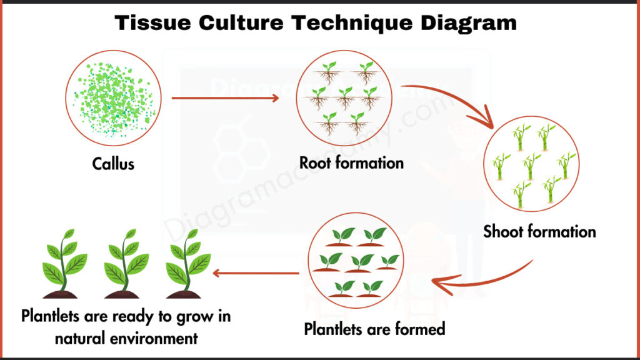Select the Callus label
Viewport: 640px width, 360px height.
114,164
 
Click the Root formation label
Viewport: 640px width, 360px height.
351,164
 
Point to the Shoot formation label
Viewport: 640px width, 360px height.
539,232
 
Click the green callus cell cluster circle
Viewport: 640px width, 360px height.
113,99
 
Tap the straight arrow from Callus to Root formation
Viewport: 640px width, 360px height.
225,98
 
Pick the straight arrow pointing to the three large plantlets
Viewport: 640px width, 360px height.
256,274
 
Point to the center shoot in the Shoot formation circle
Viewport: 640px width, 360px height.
531,166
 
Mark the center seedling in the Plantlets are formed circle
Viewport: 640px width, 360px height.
361,262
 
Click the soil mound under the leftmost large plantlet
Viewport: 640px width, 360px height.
60,293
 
